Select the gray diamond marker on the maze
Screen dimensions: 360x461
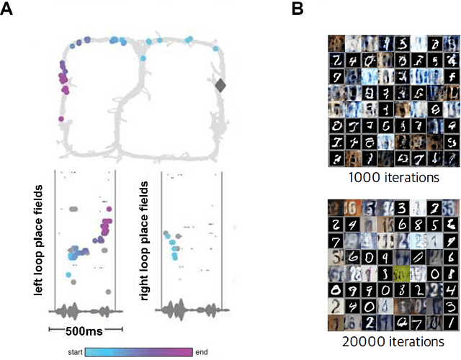pos(221,86)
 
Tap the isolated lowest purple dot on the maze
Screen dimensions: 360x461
pos(61,119)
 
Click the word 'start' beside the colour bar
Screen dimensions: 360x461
pos(73,352)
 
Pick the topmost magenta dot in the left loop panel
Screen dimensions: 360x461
pos(107,222)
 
